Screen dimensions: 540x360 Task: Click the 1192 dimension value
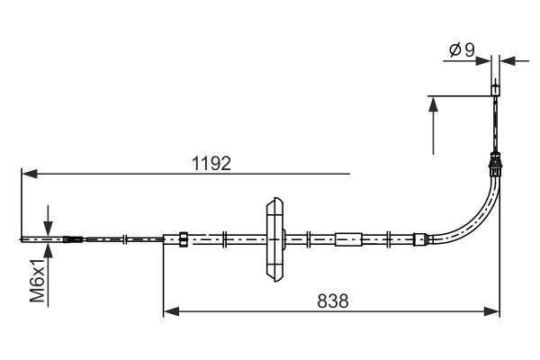click(211, 163)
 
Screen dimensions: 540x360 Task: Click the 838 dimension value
click(333, 301)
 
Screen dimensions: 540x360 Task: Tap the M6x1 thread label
click(38, 280)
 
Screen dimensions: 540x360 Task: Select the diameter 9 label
click(463, 50)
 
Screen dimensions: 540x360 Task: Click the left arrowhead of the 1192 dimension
click(30, 174)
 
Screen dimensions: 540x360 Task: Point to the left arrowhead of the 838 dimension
click(171, 311)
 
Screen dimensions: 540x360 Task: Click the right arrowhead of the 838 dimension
click(491, 311)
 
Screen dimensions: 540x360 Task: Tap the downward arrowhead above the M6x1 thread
click(48, 229)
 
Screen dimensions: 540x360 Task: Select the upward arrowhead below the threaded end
click(48, 250)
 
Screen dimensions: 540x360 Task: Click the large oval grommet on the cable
click(274, 239)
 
